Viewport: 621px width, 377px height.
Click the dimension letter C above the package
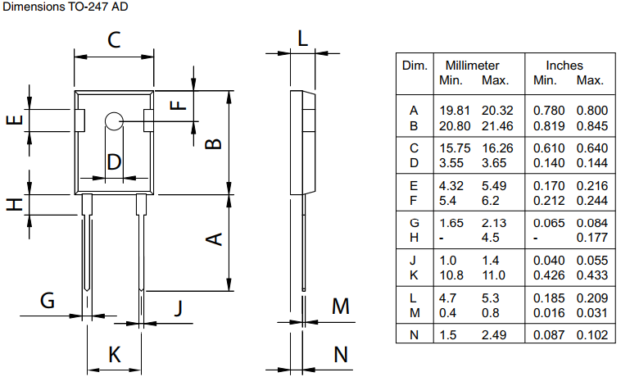click(114, 39)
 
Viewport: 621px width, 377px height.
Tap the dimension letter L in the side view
click(302, 38)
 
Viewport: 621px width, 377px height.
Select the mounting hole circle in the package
click(113, 121)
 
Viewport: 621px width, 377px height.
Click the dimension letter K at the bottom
click(115, 355)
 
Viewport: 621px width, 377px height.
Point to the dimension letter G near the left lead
click(48, 301)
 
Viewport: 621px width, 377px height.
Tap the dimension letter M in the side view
click(341, 307)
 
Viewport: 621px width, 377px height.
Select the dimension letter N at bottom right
click(341, 355)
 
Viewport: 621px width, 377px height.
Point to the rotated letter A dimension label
click(212, 239)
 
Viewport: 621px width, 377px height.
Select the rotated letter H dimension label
click(14, 204)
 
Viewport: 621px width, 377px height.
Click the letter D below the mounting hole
click(114, 162)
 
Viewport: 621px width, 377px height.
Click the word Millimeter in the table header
click(472, 66)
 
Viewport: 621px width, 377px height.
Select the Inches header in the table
click(564, 66)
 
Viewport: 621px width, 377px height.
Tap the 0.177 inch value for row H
click(590, 238)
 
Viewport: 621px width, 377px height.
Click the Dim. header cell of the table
click(415, 65)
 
